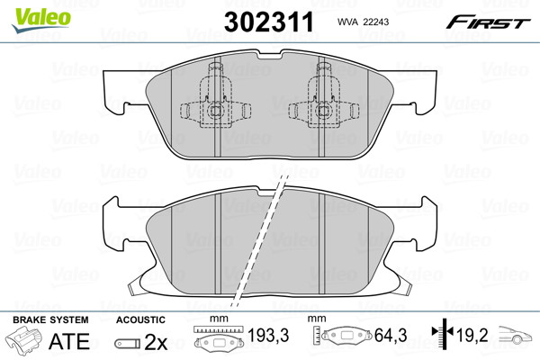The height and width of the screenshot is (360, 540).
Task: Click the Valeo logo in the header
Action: coord(41,21)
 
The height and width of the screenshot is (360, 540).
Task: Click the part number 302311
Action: coord(269,22)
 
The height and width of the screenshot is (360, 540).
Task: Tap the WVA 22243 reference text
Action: coord(363,22)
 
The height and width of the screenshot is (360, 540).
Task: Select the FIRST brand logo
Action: coord(488,22)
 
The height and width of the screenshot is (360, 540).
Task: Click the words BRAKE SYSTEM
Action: coord(50,319)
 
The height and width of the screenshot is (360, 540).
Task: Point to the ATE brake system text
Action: coord(69,341)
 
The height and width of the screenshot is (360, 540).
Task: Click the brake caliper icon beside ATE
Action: coord(23,339)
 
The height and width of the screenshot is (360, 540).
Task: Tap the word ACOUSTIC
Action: coord(140,319)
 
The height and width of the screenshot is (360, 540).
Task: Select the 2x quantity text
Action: coord(156,342)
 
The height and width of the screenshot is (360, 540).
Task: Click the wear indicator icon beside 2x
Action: coord(128,344)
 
